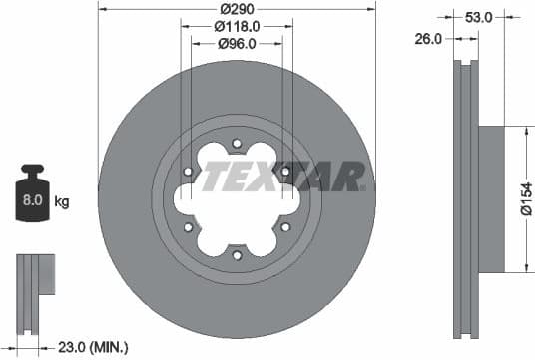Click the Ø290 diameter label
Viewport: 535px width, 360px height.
(238, 9)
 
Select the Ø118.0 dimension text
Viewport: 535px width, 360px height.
(238, 26)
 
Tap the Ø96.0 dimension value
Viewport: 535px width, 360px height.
(238, 43)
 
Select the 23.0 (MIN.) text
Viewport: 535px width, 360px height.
(95, 347)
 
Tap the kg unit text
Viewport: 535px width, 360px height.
(62, 202)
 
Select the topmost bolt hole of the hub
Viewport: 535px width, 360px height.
(237, 143)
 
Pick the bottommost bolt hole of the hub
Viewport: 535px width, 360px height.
(237, 256)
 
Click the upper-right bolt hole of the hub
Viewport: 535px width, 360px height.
(285, 172)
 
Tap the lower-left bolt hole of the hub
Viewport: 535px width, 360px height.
(188, 228)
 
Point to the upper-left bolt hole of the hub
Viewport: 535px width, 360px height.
(188, 172)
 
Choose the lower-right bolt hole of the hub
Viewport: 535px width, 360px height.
(285, 228)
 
